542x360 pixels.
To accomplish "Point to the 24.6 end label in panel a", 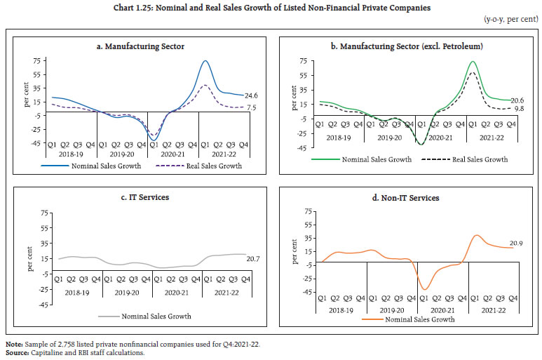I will pos(250,96).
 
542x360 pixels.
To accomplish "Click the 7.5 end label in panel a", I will pos(250,108).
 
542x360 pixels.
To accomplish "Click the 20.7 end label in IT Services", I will pos(252,259).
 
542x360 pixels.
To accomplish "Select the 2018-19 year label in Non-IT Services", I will pos(340,309).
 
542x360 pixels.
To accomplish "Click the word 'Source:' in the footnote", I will pos(16,352).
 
